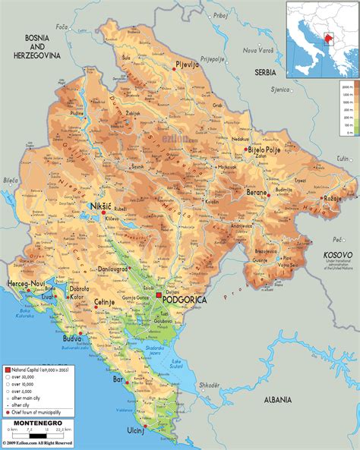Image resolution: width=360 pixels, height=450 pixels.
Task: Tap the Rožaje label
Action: click(x=331, y=199)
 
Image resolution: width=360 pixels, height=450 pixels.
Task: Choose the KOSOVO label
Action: click(x=337, y=255)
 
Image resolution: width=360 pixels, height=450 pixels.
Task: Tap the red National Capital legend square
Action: click(x=6, y=367)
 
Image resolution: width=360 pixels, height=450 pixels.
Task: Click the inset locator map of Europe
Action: click(x=321, y=39)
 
